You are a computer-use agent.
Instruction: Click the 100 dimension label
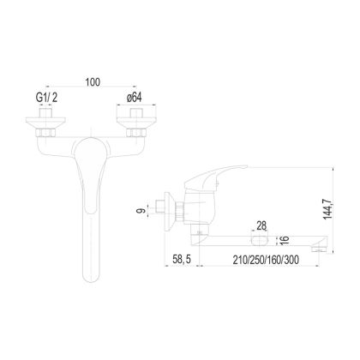93,82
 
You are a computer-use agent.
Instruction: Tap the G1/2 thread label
46,98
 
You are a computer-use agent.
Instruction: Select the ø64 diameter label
134,98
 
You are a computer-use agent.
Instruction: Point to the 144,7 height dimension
327,209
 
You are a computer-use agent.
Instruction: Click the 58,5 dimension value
182,260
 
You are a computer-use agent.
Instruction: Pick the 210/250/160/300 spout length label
266,260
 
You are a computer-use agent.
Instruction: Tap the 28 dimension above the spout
261,226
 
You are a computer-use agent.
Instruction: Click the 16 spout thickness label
285,240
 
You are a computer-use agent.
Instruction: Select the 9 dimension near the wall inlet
141,211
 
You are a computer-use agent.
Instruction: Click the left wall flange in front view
45,123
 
